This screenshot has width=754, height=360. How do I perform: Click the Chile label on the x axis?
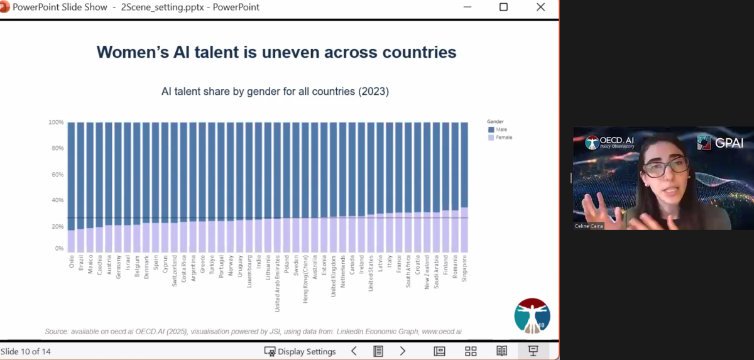click(71, 261)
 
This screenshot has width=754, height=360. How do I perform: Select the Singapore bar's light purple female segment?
click(464, 230)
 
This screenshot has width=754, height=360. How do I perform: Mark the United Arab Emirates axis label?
click(278, 283)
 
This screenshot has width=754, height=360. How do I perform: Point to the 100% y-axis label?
click(56, 122)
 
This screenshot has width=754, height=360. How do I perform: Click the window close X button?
click(540, 7)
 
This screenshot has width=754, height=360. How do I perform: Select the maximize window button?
click(503, 7)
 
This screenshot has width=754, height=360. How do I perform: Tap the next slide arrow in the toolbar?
click(403, 351)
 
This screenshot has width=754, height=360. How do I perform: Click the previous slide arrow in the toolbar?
click(354, 351)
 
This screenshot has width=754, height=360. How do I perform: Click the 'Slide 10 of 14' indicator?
click(26, 351)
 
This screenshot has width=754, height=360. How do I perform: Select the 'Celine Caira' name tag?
click(589, 226)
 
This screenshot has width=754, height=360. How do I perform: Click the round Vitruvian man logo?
click(532, 315)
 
